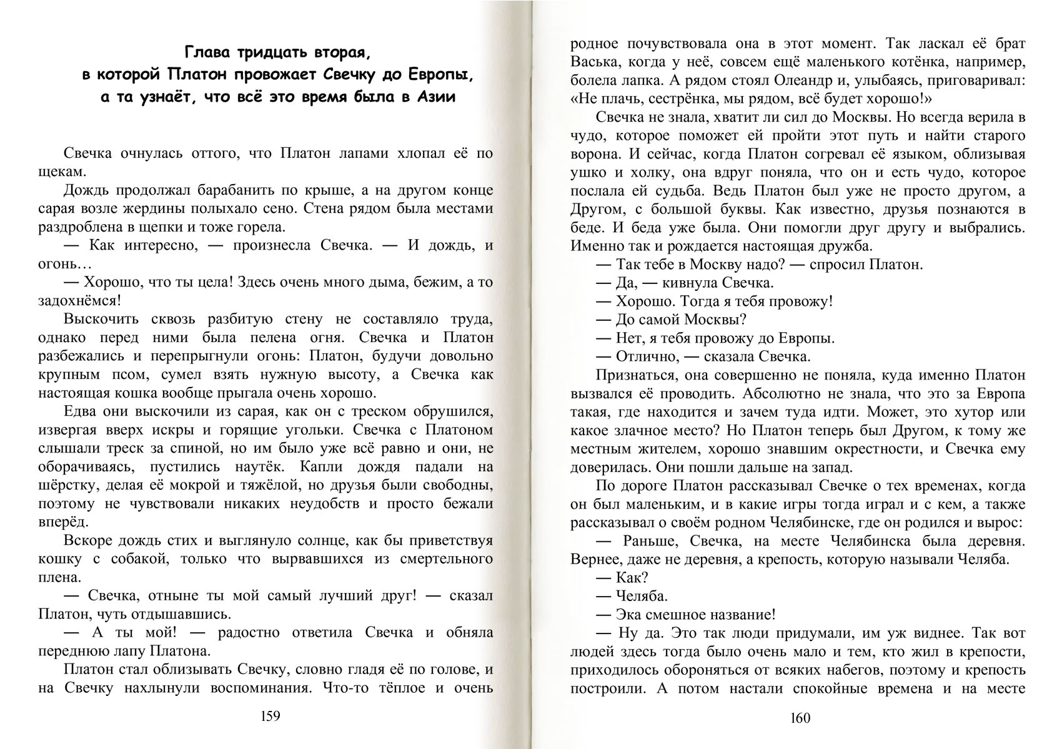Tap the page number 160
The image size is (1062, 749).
point(800,718)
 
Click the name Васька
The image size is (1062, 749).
point(591,63)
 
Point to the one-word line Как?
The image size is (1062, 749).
point(632,577)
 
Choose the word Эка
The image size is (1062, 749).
point(630,614)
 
